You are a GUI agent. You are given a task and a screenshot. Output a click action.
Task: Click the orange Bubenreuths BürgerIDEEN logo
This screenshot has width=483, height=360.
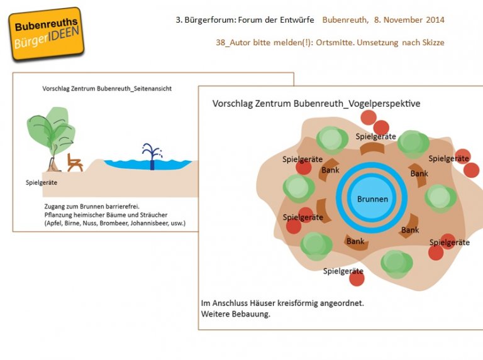(x=47, y=34)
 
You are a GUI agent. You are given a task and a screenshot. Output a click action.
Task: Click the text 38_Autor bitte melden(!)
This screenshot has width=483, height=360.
(x=257, y=42)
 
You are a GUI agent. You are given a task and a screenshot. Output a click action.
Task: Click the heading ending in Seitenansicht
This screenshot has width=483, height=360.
(x=107, y=89)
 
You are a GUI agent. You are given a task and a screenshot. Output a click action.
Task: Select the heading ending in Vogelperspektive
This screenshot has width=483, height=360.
(x=316, y=103)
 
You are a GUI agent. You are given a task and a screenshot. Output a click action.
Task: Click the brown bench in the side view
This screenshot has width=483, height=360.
(x=75, y=162)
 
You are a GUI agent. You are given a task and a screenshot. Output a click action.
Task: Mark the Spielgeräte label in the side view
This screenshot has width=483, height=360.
(x=42, y=182)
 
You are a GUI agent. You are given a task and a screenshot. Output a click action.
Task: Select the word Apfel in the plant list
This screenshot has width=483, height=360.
(x=55, y=224)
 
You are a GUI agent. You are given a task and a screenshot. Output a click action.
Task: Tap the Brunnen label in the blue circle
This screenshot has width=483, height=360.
(x=372, y=199)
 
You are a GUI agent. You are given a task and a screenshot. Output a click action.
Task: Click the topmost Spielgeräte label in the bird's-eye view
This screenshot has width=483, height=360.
(x=375, y=136)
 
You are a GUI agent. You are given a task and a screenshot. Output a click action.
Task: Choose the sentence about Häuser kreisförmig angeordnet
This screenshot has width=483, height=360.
(x=282, y=303)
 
